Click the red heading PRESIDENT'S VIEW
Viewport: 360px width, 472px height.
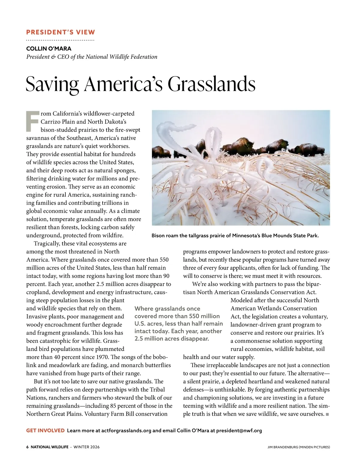click(x=61, y=32)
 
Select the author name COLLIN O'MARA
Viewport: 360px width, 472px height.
click(x=49, y=49)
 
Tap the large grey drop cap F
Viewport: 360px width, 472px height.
click(x=32, y=121)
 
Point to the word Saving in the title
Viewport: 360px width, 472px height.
click(x=52, y=84)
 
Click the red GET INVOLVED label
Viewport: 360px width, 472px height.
click(x=45, y=430)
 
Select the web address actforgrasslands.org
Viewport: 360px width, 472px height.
click(x=126, y=430)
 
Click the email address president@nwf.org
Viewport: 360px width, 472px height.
click(x=239, y=430)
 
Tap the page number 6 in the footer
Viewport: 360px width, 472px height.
click(x=28, y=447)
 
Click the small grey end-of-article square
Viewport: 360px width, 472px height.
click(x=327, y=414)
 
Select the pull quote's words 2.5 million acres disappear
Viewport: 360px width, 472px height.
click(x=171, y=339)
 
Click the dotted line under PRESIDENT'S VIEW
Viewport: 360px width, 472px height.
click(x=60, y=40)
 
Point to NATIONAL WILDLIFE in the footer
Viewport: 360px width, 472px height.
click(x=49, y=447)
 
